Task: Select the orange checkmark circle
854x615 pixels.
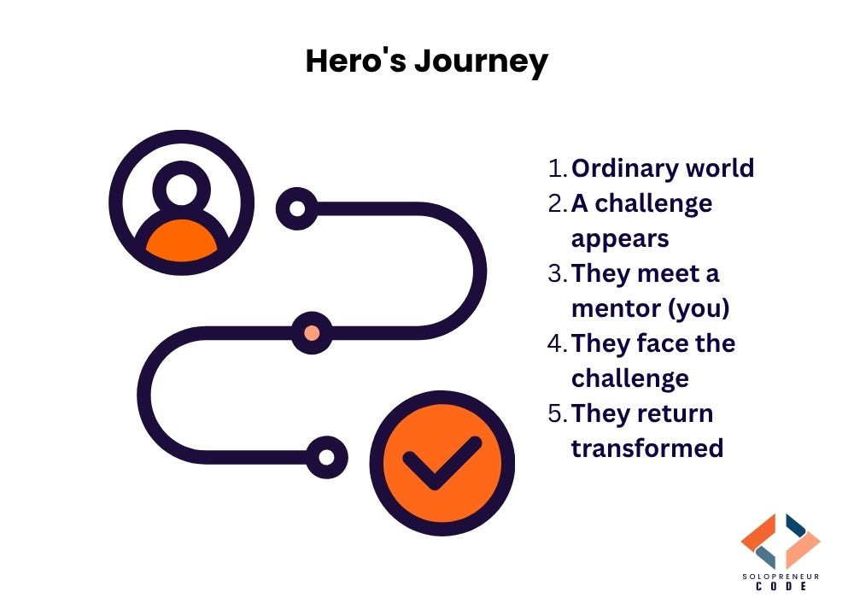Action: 442,465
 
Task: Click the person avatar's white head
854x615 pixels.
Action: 182,190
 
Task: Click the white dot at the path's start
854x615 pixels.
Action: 297,208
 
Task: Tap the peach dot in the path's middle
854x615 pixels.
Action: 312,332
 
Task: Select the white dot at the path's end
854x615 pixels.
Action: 326,456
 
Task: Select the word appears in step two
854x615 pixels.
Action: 619,238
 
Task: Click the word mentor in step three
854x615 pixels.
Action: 613,308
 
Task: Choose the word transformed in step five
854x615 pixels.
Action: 646,448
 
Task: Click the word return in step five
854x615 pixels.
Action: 676,413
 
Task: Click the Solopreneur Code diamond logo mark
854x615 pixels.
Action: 781,541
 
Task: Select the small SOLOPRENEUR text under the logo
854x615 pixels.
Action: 781,577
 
